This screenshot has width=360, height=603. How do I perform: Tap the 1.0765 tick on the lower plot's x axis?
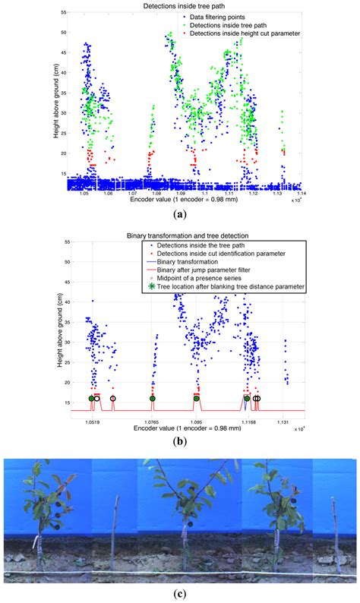point(152,420)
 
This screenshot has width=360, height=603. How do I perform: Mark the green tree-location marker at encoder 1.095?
point(197,398)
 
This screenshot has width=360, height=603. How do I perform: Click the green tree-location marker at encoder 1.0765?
point(152,398)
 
